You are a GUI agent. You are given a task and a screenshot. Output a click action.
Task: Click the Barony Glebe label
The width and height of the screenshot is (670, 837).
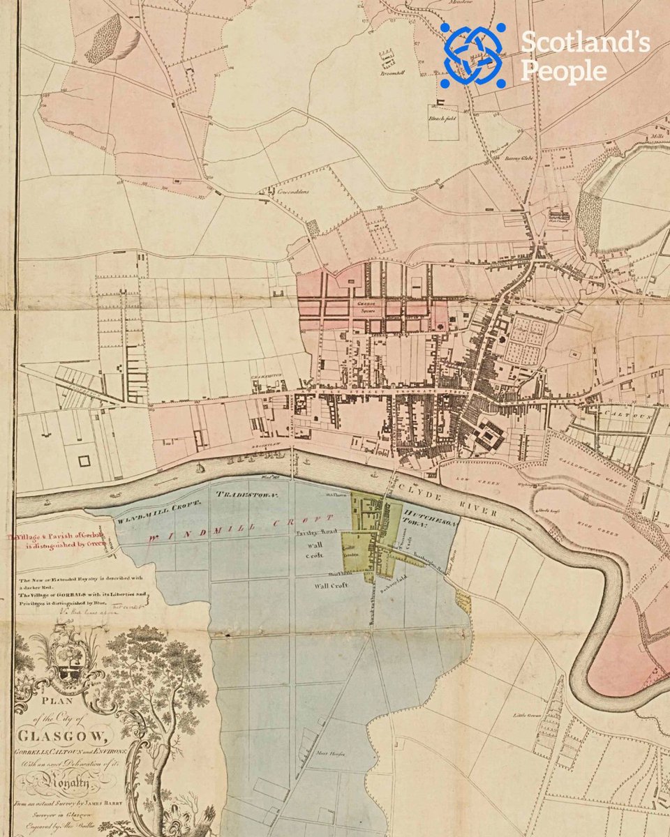[519, 158]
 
